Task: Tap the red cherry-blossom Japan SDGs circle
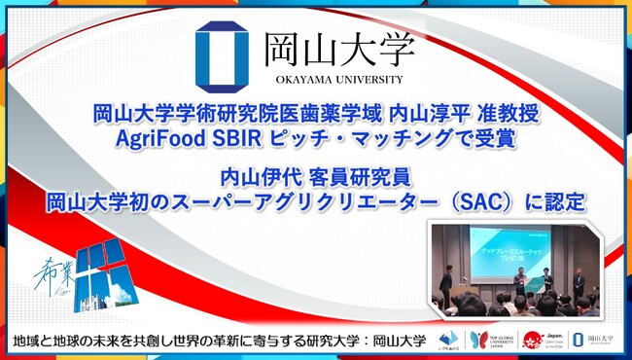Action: tap(531, 338)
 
